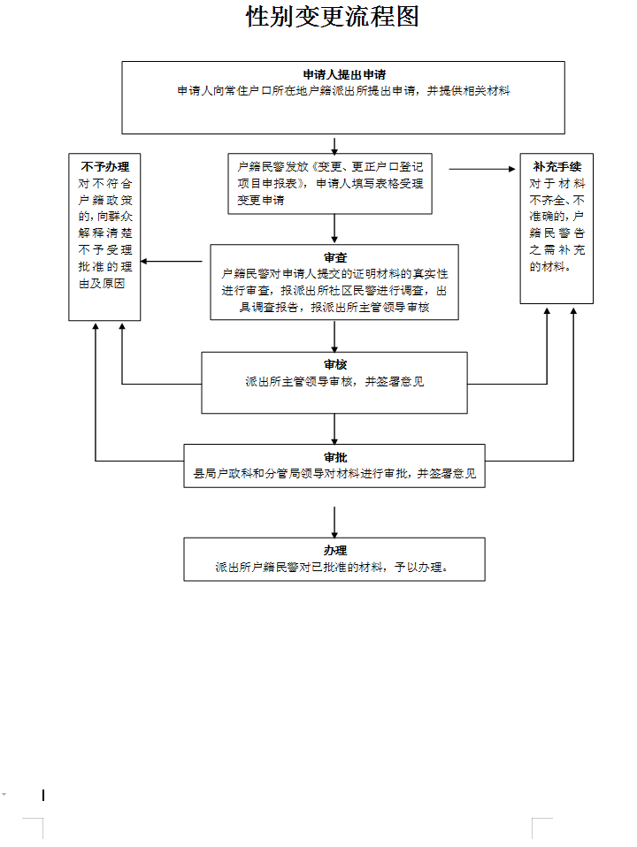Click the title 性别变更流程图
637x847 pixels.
[x=332, y=17]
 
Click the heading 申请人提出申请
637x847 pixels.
[x=343, y=75]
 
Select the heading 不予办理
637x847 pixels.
[x=104, y=166]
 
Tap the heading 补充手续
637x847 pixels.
[x=556, y=166]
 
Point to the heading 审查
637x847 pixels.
[x=334, y=257]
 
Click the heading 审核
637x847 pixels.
[x=334, y=364]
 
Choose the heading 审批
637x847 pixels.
[x=334, y=457]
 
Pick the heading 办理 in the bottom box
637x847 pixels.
[x=334, y=550]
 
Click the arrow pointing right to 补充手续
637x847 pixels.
[x=485, y=168]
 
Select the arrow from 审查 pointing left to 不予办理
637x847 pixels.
[x=173, y=261]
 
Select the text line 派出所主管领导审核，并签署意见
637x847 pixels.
[x=334, y=382]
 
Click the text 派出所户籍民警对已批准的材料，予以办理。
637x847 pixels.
[x=334, y=568]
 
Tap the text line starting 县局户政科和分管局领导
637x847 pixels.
[x=334, y=474]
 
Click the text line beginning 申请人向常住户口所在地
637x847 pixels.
[x=343, y=91]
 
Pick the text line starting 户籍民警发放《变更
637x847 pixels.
[x=330, y=166]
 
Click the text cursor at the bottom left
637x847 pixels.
[x=43, y=795]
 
